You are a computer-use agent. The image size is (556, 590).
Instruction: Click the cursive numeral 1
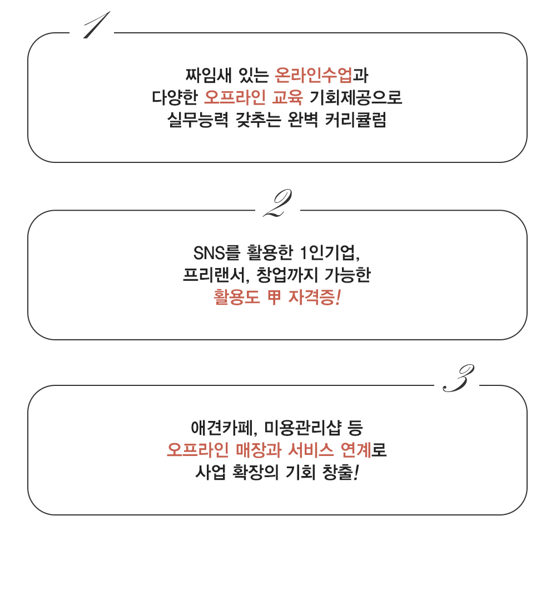(x=96, y=25)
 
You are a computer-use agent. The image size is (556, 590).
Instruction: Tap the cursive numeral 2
(x=277, y=203)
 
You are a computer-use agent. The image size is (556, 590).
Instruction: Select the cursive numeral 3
(x=458, y=378)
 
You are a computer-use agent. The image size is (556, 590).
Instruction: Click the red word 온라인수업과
(x=321, y=75)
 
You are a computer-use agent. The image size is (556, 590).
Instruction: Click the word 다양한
(x=175, y=97)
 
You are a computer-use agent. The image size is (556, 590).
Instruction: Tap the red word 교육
(x=287, y=97)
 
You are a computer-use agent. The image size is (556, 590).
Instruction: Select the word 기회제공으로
(x=356, y=97)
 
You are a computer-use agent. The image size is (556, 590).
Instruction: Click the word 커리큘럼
(x=355, y=120)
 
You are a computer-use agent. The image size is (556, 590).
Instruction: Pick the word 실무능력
(x=198, y=120)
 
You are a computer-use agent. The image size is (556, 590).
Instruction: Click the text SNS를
(x=217, y=253)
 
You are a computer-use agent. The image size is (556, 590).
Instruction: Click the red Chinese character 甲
(x=274, y=298)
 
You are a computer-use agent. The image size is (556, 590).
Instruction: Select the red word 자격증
(x=311, y=298)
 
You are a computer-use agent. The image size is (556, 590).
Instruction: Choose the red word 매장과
(x=259, y=450)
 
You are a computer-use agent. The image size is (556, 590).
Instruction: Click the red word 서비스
(x=311, y=450)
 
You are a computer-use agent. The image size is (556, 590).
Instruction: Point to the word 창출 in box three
(x=338, y=472)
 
